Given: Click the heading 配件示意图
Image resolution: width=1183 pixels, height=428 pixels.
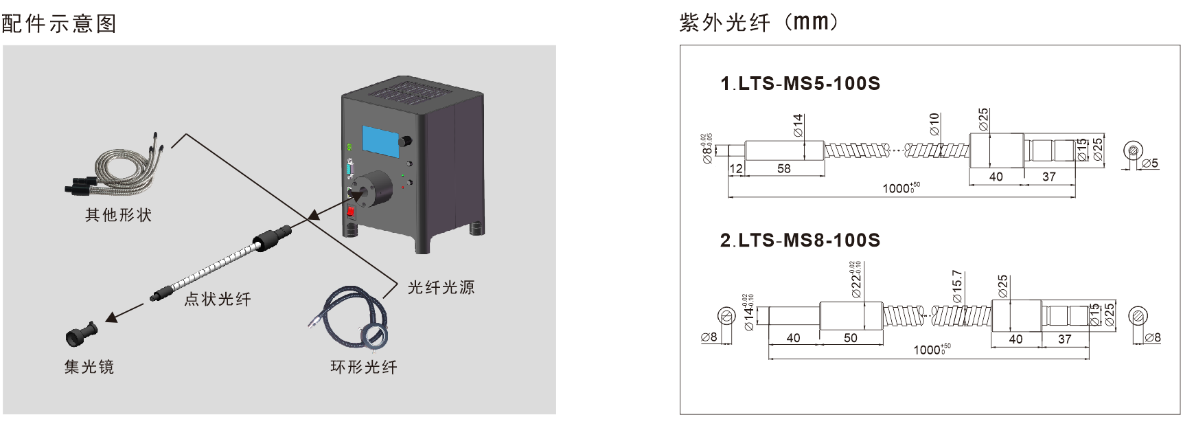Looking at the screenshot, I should click(x=59, y=24).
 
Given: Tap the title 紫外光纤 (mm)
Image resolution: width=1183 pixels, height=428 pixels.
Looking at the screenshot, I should click(x=759, y=23).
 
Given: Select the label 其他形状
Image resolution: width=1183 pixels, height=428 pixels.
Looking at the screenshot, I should click(x=118, y=215).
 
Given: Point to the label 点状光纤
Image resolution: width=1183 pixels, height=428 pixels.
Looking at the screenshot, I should click(x=218, y=299).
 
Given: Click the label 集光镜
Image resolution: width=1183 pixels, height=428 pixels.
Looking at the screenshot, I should click(x=89, y=367).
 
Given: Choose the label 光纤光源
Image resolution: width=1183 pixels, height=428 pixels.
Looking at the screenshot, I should click(x=441, y=287).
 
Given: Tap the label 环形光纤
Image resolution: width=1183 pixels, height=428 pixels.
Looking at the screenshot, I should click(x=364, y=367).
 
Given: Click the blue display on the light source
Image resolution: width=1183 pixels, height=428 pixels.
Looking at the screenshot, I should click(x=381, y=139).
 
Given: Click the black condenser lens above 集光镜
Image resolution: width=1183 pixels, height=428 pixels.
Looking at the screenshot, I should click(x=81, y=334).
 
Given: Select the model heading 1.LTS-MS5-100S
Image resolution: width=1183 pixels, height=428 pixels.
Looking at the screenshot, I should click(x=800, y=84).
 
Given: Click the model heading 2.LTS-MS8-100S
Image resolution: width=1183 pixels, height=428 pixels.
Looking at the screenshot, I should click(x=800, y=240).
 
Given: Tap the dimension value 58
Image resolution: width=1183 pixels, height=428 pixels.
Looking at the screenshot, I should click(x=783, y=168).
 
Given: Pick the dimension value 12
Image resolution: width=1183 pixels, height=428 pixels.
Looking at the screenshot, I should click(x=736, y=168).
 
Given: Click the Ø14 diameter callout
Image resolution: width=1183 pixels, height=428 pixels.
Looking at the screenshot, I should click(x=797, y=126).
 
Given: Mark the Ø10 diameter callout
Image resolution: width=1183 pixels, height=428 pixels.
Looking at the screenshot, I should click(x=934, y=124).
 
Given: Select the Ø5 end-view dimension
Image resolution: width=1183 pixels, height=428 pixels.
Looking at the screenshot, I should click(x=1150, y=163).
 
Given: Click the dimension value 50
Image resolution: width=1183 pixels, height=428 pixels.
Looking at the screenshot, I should click(x=850, y=337).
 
